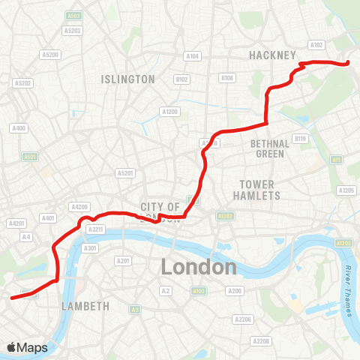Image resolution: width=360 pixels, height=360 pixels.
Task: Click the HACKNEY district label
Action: [274, 55]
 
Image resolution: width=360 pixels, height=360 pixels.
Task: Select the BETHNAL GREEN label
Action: [268, 148]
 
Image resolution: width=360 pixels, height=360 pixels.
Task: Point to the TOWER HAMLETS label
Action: [259, 190]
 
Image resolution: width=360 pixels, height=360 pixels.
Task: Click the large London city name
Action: [199, 267]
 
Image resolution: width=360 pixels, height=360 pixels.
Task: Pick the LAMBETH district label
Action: [86, 306]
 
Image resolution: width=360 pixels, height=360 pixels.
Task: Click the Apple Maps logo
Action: [28, 347]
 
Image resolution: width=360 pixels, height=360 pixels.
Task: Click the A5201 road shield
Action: [124, 173]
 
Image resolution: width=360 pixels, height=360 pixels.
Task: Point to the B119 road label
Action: [301, 138]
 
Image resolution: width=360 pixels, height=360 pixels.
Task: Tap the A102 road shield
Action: [317, 45]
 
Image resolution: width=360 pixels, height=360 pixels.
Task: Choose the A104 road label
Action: [193, 56]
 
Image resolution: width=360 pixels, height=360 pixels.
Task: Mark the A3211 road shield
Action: [95, 229]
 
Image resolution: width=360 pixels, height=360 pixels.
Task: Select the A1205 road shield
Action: [346, 190]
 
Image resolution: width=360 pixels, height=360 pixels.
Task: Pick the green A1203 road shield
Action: [344, 244]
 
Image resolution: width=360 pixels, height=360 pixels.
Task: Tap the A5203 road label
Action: [73, 31]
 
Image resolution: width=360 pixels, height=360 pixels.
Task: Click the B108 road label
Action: [227, 77]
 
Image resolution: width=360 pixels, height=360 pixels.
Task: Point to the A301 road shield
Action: [91, 247]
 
